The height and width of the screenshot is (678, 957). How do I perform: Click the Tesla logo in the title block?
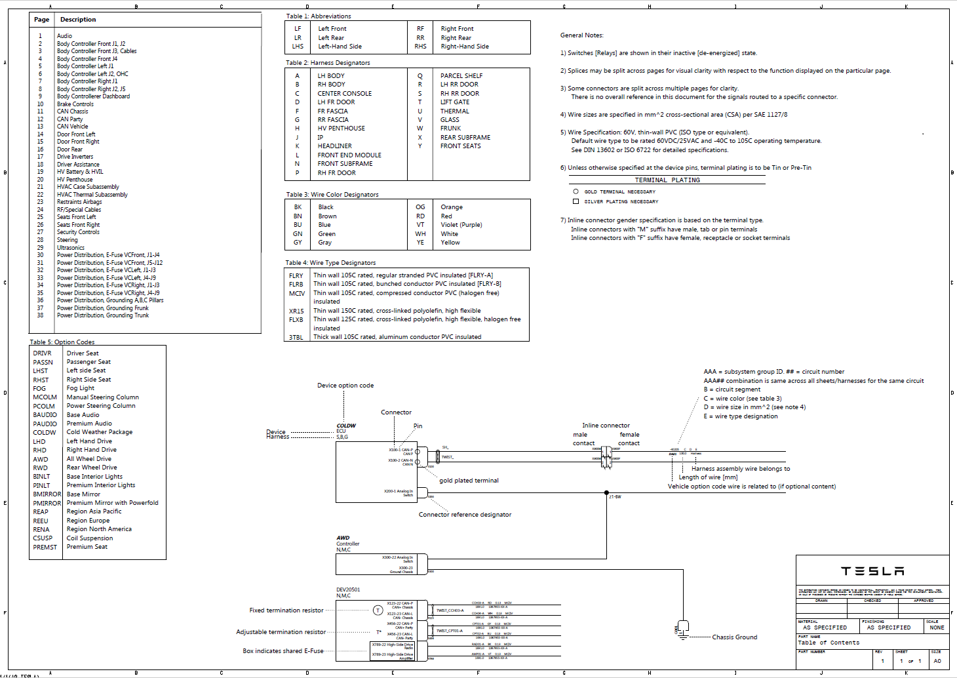point(872,571)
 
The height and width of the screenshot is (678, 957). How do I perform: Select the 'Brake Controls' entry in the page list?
point(75,104)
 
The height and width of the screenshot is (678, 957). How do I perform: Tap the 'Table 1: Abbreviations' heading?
point(318,16)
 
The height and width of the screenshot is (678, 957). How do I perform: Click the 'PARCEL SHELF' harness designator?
point(461,76)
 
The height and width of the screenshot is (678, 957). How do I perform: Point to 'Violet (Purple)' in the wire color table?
point(461,225)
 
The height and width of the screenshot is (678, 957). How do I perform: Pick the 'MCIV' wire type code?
point(296,294)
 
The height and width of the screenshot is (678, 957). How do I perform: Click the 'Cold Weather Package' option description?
point(100,432)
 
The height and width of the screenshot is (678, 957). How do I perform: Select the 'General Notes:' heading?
point(582,35)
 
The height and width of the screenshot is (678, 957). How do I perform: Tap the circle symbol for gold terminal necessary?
point(576,191)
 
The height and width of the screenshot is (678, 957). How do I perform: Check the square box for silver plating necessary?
point(576,201)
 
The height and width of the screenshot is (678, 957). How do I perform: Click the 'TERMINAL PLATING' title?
point(667,180)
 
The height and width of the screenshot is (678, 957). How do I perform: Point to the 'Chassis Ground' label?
point(734,637)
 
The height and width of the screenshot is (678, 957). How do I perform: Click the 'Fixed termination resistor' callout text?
point(286,610)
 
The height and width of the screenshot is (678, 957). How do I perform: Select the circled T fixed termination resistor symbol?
point(378,610)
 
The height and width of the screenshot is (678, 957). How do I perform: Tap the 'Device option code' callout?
point(345,386)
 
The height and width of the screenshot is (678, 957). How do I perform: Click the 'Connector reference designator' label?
point(465,515)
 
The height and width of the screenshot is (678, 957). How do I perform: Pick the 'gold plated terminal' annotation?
point(469,481)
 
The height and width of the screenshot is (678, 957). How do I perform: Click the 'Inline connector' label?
point(606,426)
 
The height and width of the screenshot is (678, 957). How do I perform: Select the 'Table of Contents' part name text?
point(829,643)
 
